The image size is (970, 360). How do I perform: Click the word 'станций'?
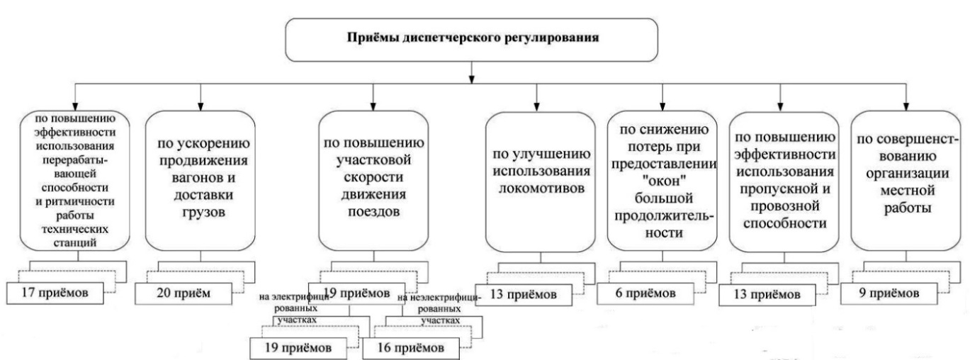pyautogui.click(x=73, y=244)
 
